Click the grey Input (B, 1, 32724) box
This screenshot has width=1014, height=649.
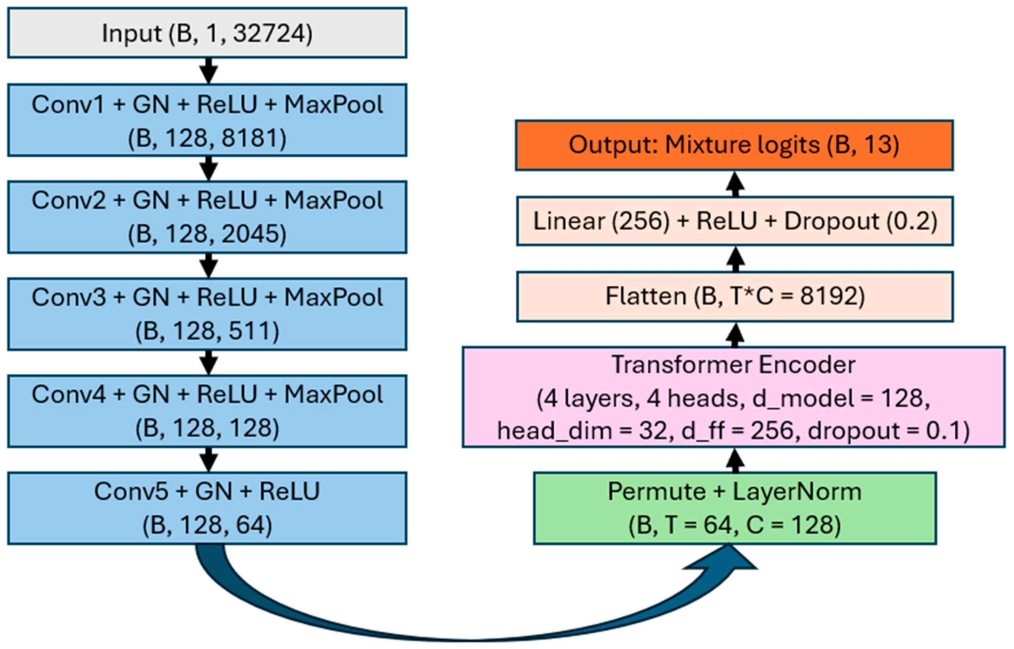[x=207, y=33]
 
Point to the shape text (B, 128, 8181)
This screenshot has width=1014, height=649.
[x=207, y=138]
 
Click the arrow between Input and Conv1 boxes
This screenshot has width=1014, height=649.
[x=208, y=71]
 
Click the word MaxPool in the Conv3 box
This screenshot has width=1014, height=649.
[x=333, y=298]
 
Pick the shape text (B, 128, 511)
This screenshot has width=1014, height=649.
[x=207, y=331]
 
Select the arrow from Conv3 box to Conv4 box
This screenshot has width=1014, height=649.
[x=208, y=362]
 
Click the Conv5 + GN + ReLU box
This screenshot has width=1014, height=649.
[x=207, y=508]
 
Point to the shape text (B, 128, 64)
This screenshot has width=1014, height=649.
[x=207, y=525]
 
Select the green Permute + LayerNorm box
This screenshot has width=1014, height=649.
[x=735, y=508]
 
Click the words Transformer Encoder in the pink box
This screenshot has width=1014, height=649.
[x=733, y=365]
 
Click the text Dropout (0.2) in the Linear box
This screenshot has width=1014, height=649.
[x=860, y=221]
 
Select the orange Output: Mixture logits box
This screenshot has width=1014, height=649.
[x=734, y=145]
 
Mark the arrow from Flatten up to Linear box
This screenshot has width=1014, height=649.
[x=736, y=259]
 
